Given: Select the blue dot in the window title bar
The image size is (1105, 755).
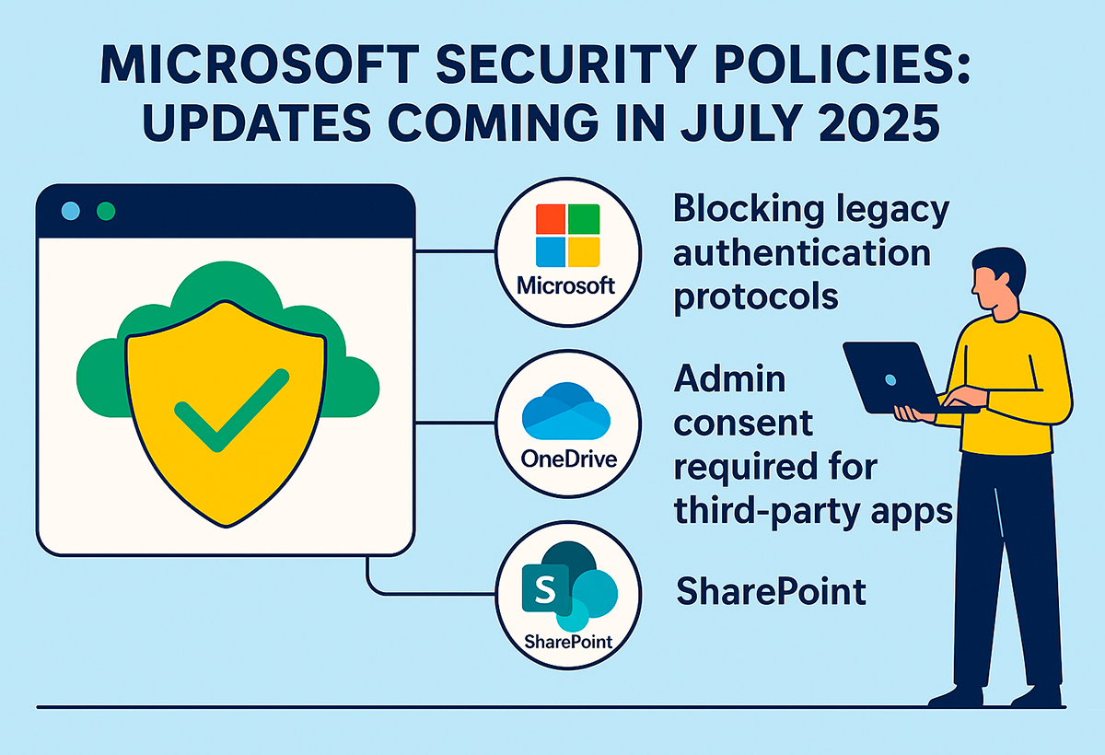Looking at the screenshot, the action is point(71,211).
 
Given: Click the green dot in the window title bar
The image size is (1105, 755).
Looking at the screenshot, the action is point(106,211).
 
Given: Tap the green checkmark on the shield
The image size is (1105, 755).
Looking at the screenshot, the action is point(232,411).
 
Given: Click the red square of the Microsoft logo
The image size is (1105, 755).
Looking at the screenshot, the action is point(551,219).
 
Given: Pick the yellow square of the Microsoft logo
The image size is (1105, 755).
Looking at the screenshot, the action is point(584,251).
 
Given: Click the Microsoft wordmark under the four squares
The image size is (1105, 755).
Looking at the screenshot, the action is point(565,285).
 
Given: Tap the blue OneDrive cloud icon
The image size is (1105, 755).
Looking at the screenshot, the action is point(565,411).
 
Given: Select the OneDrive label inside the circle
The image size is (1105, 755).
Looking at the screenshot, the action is point(569,459).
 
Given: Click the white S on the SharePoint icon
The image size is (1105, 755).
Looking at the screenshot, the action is point(545,589).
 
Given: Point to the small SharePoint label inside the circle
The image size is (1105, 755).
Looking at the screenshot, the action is point(568,642).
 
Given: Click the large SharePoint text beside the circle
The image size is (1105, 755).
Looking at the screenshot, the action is point(771,591).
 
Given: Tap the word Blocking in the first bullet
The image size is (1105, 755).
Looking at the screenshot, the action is point(749,209).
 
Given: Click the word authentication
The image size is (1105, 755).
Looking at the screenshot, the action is point(802,253).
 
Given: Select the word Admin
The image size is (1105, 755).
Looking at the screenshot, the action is point(729,379).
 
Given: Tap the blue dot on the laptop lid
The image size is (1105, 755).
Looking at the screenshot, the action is point(890,379).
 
